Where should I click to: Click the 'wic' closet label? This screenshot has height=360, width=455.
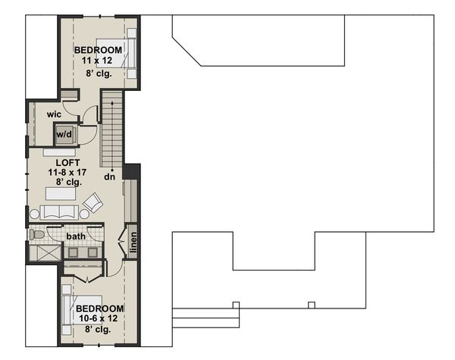click(x=53, y=114)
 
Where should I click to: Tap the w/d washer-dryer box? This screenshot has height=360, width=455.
click(x=64, y=135)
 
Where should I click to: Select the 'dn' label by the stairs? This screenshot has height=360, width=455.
click(x=109, y=177)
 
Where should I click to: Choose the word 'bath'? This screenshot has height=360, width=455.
click(x=76, y=237)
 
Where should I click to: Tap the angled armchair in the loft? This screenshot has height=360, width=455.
click(x=93, y=202)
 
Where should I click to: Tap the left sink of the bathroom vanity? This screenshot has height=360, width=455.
click(x=74, y=252)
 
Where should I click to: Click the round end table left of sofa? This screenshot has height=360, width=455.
click(x=34, y=215)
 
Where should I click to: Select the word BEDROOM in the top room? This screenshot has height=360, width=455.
click(x=98, y=50)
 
